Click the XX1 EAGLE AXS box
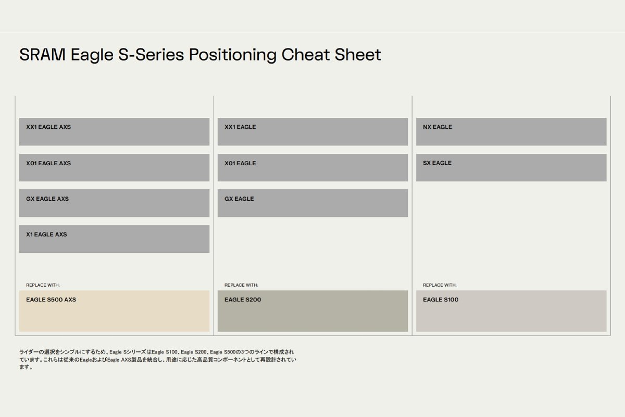pyautogui.click(x=115, y=131)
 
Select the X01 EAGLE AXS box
pyautogui.click(x=115, y=168)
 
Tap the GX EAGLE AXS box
pyautogui.click(x=115, y=203)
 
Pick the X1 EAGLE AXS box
pyautogui.click(x=115, y=239)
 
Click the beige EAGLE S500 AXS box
pyautogui.click(x=115, y=311)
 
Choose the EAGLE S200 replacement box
pyautogui.click(x=313, y=311)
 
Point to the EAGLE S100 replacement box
pyautogui.click(x=511, y=311)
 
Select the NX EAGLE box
pyautogui.click(x=511, y=131)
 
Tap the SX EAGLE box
pyautogui.click(x=511, y=168)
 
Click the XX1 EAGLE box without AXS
pyautogui.click(x=313, y=131)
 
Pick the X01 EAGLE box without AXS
pyautogui.click(x=313, y=168)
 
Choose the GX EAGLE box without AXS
pyautogui.click(x=313, y=203)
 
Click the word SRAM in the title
pyautogui.click(x=42, y=54)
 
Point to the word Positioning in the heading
pyautogui.click(x=233, y=55)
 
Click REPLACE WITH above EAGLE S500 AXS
pyautogui.click(x=43, y=285)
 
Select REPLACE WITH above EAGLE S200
pyautogui.click(x=241, y=285)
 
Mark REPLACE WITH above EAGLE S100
pyautogui.click(x=440, y=285)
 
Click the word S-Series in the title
pyautogui.click(x=151, y=54)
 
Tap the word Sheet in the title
pyautogui.click(x=358, y=54)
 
